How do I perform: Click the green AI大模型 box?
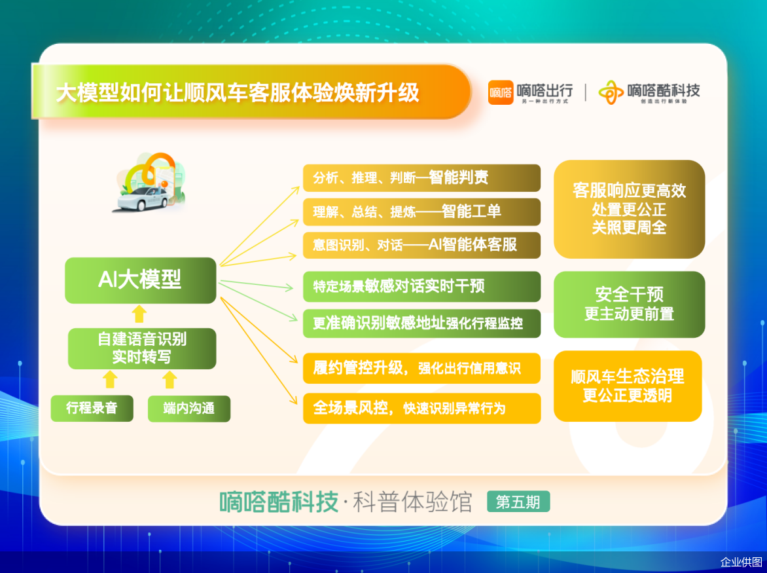141,280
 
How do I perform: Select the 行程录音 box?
92,408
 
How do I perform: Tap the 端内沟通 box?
189,408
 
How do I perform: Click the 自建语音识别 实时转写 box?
142,348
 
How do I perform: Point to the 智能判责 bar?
421,177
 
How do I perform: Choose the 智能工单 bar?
421,212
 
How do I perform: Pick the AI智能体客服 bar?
421,245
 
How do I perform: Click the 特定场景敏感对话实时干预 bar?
421,286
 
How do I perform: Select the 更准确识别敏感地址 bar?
421,323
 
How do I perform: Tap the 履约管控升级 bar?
421,368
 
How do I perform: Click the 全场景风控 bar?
421,408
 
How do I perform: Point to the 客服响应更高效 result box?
629,209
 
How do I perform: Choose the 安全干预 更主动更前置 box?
629,305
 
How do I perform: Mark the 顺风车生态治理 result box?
628,386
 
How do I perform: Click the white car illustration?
143,198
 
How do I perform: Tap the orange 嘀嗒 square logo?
501,92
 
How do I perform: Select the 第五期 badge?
518,502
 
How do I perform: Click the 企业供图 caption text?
741,562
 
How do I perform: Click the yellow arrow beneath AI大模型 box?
139,314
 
